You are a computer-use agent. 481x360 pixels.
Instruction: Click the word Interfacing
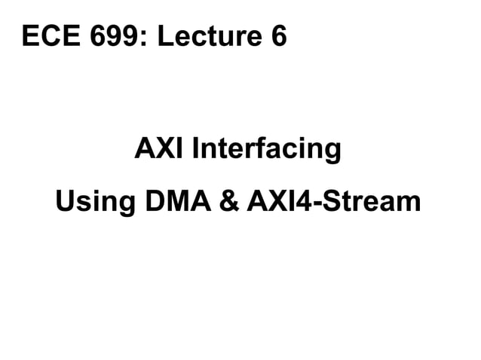[267, 149]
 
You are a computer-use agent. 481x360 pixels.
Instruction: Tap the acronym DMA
[179, 201]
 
